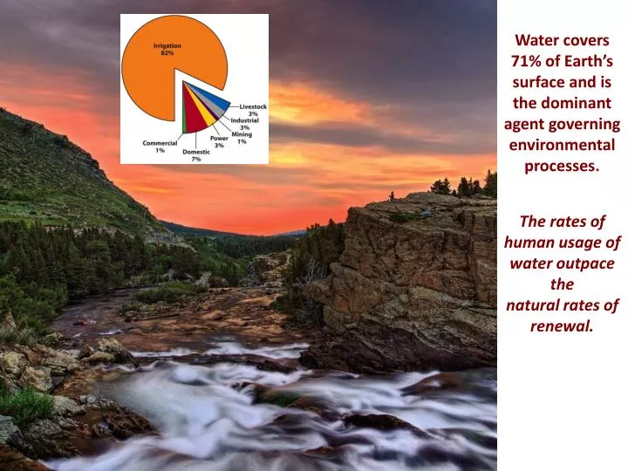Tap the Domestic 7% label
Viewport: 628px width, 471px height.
[196, 155]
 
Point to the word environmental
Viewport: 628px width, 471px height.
[562, 145]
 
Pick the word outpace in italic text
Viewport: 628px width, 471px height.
[589, 263]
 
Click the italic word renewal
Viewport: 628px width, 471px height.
[562, 326]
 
